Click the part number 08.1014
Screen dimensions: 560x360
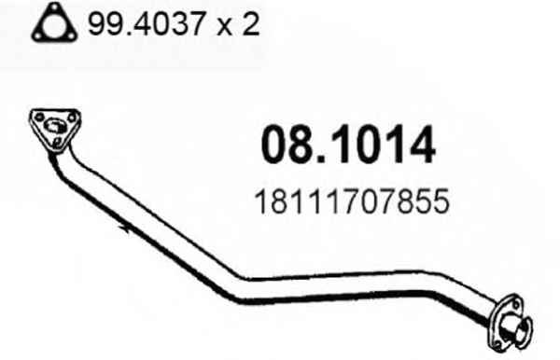pos(348,145)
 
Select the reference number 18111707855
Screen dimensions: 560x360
pos(352,201)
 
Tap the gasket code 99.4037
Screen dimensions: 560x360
pos(147,23)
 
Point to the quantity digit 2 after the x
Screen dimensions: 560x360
pos(251,23)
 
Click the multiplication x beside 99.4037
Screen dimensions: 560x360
pos(224,27)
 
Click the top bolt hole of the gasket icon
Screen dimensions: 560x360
pos(54,9)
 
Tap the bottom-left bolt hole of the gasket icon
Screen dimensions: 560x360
pos(37,35)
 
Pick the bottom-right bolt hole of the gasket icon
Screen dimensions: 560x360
pos(71,35)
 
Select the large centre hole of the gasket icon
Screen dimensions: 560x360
pos(54,26)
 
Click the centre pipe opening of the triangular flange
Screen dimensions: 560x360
pos(54,126)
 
